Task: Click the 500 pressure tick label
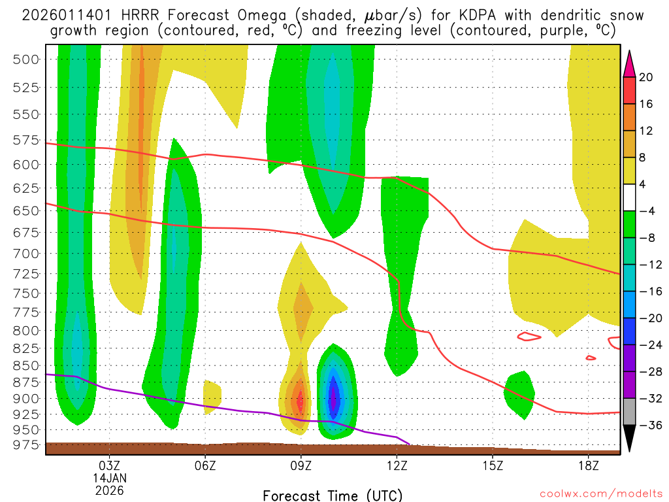click(26, 59)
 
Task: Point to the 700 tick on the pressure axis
click(26, 253)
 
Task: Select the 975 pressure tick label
click(26, 445)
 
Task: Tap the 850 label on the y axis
click(26, 365)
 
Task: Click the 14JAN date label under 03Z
click(109, 477)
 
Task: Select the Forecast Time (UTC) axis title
click(333, 495)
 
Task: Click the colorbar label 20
click(646, 77)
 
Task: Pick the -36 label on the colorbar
click(646, 425)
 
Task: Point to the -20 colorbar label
click(646, 318)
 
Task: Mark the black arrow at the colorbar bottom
click(630, 438)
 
